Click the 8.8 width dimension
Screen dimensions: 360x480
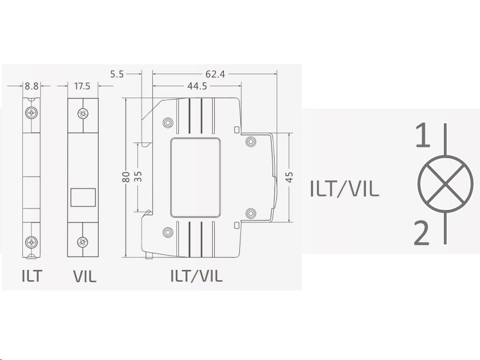[32, 86]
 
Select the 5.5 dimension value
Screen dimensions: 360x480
[117, 74]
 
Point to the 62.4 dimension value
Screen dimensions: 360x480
[215, 74]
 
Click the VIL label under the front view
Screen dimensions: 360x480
[84, 277]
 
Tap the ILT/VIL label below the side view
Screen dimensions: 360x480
[196, 277]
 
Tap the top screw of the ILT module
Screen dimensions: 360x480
[32, 113]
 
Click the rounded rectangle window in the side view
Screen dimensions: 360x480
[196, 178]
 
